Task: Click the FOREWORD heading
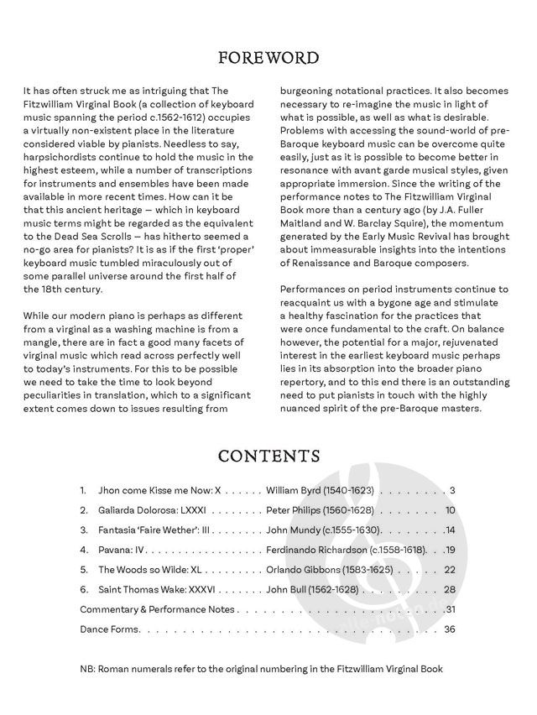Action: point(268,58)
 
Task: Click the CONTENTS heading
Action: point(268,456)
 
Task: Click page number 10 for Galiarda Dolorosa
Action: point(450,510)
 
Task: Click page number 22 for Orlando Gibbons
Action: point(450,571)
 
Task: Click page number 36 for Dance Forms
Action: point(450,629)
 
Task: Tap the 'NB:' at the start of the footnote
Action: point(88,669)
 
